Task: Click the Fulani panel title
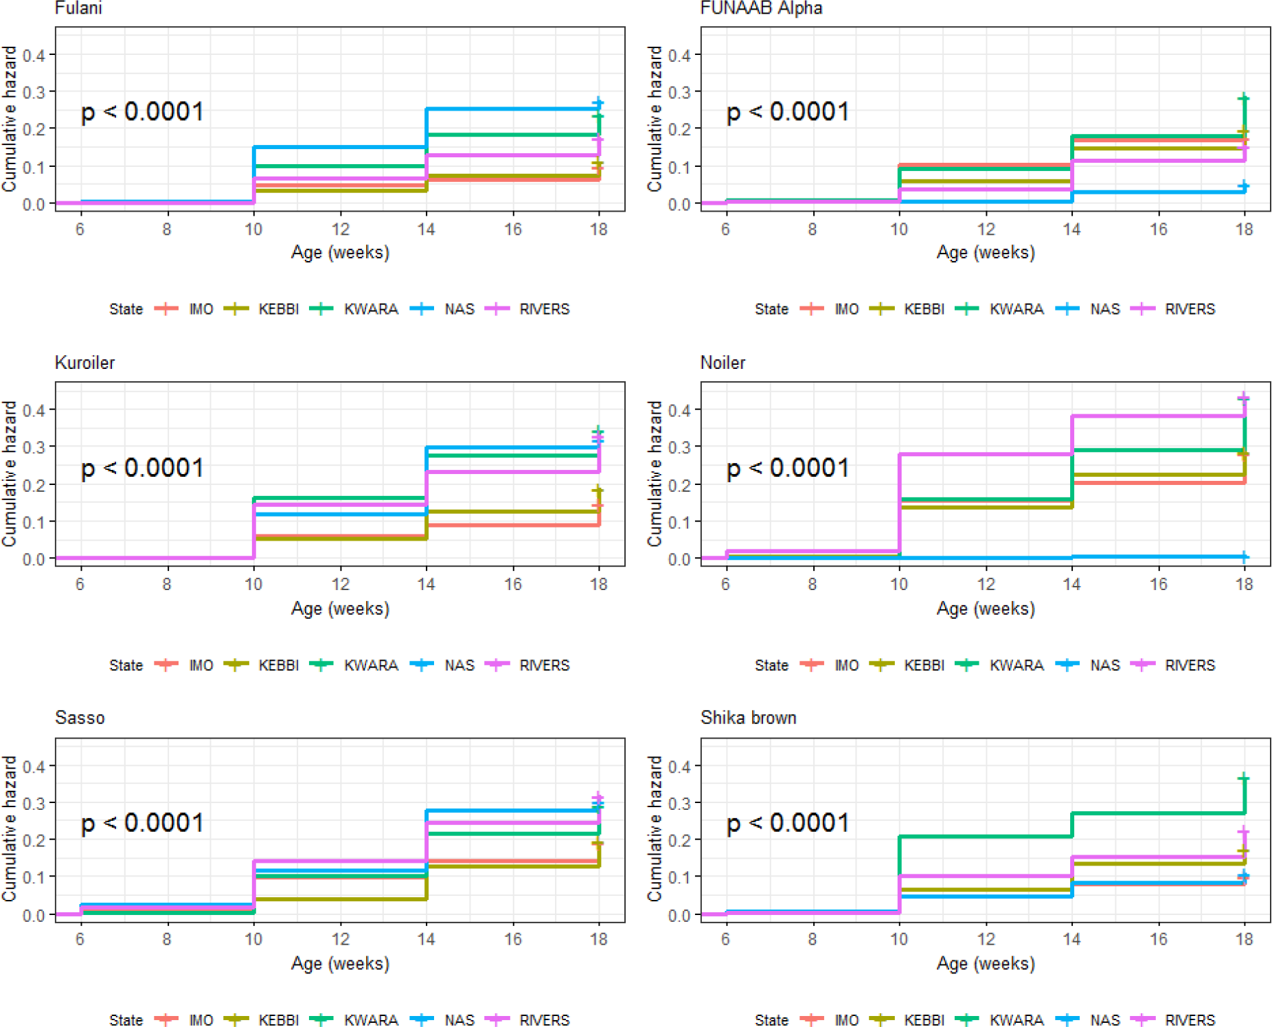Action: pyautogui.click(x=78, y=8)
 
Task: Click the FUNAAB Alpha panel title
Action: pyautogui.click(x=761, y=8)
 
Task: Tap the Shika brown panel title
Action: pyautogui.click(x=748, y=718)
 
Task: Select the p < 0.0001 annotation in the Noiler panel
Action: pyautogui.click(x=788, y=468)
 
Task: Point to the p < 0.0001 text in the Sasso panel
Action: pyautogui.click(x=142, y=823)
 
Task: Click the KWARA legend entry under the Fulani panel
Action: pyautogui.click(x=371, y=309)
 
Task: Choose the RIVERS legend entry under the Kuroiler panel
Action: pyautogui.click(x=544, y=665)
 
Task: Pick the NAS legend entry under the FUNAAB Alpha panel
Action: pyautogui.click(x=1104, y=309)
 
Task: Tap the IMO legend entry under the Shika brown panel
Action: pyautogui.click(x=846, y=1020)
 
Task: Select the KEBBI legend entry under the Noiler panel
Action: pyautogui.click(x=924, y=665)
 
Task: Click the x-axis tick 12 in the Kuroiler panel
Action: pyautogui.click(x=340, y=585)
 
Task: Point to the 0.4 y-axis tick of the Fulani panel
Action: pyautogui.click(x=34, y=55)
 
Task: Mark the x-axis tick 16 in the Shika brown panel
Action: pyautogui.click(x=1159, y=939)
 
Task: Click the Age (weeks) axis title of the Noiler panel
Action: pyautogui.click(x=986, y=609)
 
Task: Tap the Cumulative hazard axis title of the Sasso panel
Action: pyautogui.click(x=9, y=828)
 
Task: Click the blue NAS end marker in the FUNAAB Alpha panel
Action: pyautogui.click(x=1244, y=186)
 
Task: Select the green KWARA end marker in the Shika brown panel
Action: pyautogui.click(x=1244, y=778)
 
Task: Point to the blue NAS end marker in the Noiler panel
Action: pyautogui.click(x=1244, y=556)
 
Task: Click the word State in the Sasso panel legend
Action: pyautogui.click(x=126, y=1020)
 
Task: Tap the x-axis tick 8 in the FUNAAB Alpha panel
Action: pyautogui.click(x=812, y=229)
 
